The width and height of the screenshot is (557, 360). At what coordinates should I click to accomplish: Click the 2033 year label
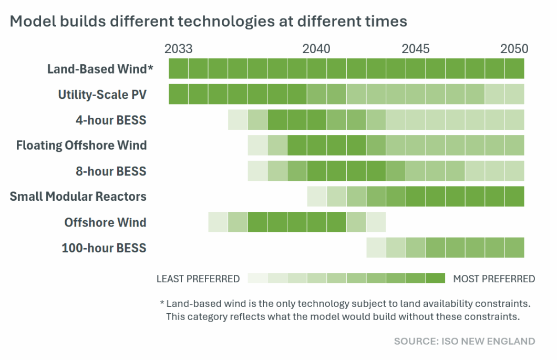(x=178, y=49)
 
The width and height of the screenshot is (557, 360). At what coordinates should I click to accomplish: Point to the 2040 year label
(x=316, y=49)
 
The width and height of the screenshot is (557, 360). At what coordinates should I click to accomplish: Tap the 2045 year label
(x=415, y=49)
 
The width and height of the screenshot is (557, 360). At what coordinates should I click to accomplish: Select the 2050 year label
(x=514, y=49)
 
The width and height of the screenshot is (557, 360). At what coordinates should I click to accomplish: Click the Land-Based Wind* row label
(x=100, y=69)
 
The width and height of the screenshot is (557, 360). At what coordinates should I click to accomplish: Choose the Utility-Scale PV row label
(x=102, y=95)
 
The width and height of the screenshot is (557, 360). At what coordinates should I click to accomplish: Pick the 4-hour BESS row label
(x=111, y=120)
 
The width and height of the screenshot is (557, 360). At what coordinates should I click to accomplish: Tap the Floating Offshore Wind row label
(x=81, y=146)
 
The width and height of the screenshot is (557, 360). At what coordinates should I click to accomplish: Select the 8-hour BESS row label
(x=111, y=171)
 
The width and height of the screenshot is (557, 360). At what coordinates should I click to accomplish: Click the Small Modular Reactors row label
(x=78, y=197)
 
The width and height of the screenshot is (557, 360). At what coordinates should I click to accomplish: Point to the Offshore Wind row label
(x=106, y=222)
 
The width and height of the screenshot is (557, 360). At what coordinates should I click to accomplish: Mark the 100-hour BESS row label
(x=104, y=248)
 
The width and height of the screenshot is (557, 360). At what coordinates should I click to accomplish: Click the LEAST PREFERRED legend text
(x=198, y=279)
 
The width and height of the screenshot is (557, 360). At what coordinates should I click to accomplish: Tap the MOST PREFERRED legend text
(x=494, y=279)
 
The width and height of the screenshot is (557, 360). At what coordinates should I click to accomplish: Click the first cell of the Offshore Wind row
(x=218, y=222)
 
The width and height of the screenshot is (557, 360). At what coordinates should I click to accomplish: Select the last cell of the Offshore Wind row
(x=376, y=222)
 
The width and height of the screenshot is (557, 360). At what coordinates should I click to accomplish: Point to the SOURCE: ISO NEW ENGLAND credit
(x=465, y=342)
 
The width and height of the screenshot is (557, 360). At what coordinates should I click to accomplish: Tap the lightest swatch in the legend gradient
(x=257, y=279)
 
